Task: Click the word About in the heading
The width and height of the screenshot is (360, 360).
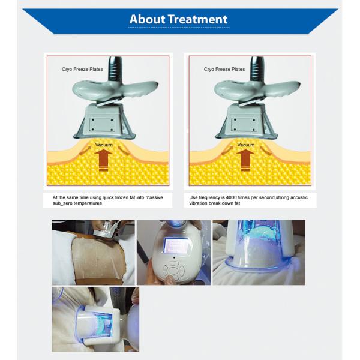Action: tap(147, 19)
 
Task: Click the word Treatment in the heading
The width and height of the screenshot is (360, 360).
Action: tap(197, 19)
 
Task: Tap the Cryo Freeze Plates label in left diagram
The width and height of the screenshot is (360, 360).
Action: tap(82, 70)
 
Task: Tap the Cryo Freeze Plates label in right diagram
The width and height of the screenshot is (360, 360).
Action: tap(224, 70)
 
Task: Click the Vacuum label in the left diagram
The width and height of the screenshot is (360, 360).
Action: tap(104, 145)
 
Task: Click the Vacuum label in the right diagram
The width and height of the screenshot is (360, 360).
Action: tap(246, 145)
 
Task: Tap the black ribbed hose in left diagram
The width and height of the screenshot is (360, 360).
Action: tap(115, 68)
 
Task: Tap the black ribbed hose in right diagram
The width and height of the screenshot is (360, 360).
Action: tap(257, 68)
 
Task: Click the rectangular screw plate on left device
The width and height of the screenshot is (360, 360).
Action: tap(102, 125)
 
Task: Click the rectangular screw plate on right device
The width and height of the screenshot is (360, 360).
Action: tap(244, 125)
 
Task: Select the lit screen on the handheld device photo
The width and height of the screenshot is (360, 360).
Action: tap(176, 245)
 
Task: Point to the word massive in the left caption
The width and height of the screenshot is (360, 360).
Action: tap(154, 197)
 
